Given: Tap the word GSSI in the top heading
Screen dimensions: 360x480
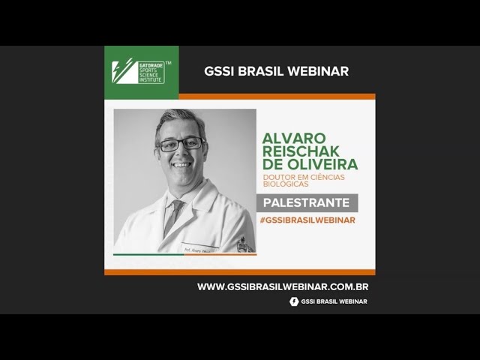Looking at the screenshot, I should pyautogui.click(x=219, y=71).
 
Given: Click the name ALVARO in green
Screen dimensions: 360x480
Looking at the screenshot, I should pyautogui.click(x=294, y=138).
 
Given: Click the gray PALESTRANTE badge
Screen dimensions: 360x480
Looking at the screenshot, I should pyautogui.click(x=307, y=202).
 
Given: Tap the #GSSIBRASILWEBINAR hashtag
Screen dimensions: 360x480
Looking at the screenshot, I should pyautogui.click(x=307, y=220).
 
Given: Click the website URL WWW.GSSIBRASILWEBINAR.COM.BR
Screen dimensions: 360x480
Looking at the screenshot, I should pyautogui.click(x=283, y=286).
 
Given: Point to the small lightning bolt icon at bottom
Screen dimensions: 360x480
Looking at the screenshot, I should pyautogui.click(x=294, y=301).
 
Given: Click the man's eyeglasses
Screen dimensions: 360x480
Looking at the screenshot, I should pyautogui.click(x=180, y=143).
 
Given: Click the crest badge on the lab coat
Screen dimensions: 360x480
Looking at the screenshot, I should pyautogui.click(x=241, y=244).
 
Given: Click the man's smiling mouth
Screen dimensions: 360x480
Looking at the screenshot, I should pyautogui.click(x=181, y=164).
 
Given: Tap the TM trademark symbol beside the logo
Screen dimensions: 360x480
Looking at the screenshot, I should pyautogui.click(x=168, y=63).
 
